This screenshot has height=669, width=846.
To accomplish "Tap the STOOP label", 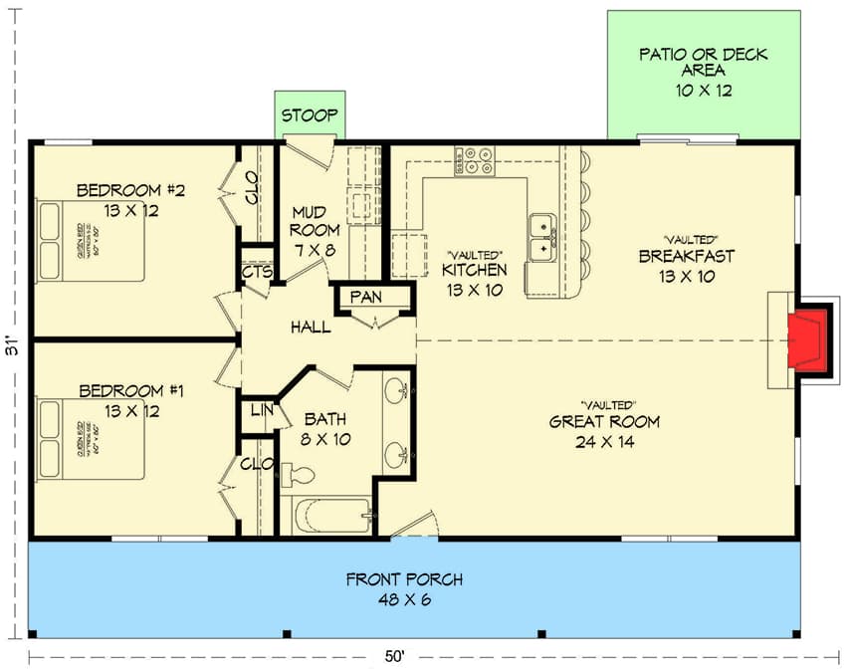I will click(310, 115).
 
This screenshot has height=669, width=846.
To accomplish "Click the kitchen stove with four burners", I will click(475, 161).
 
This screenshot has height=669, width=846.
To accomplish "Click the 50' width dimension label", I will click(396, 655).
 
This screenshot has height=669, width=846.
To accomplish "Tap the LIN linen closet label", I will click(260, 410).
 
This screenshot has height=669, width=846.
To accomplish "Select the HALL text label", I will click(311, 327).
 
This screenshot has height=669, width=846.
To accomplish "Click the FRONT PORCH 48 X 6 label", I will click(404, 588).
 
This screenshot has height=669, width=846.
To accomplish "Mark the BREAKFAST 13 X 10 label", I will click(686, 265).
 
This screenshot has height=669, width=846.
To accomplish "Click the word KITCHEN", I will click(475, 270).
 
